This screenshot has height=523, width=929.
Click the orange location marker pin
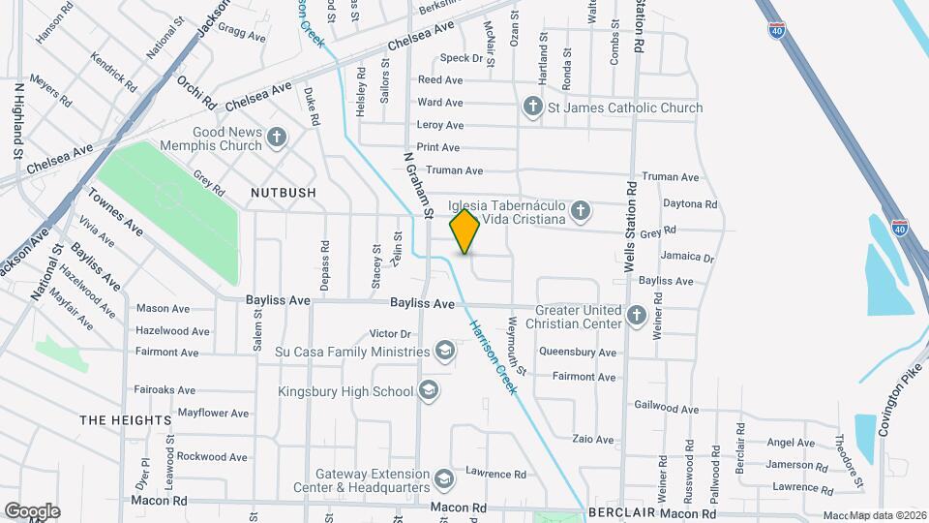[465, 231]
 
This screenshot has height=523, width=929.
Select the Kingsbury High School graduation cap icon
[429, 391]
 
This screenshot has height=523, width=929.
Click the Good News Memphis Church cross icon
[277, 138]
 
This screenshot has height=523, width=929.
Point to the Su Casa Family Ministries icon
[445, 351]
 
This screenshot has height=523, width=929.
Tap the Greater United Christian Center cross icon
[637, 315]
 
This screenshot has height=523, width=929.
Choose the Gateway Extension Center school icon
[442, 479]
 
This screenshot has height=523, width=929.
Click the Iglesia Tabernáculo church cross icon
[580, 211]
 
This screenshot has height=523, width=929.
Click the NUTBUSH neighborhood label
[283, 193]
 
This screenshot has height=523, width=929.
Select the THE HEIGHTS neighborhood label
[126, 420]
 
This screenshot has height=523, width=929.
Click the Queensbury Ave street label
[578, 353]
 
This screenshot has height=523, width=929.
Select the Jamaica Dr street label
[687, 258]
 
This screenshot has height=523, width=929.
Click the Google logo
[32, 510]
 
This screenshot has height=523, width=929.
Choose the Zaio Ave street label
[593, 440]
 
